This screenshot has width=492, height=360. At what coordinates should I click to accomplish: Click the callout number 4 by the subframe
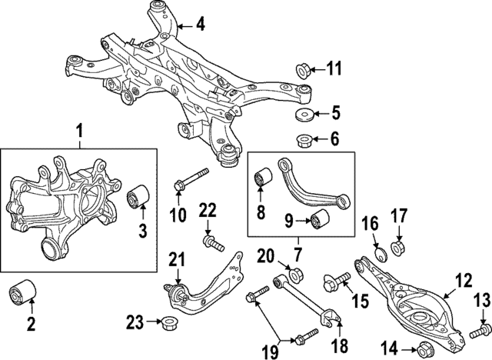tap(201, 25)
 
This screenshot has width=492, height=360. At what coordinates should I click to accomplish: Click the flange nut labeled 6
tap(301, 140)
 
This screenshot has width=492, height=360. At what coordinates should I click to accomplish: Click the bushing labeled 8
tap(261, 179)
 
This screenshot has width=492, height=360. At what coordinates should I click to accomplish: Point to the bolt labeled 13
tap(477, 331)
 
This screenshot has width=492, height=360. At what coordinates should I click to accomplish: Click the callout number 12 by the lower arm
tap(463, 282)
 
